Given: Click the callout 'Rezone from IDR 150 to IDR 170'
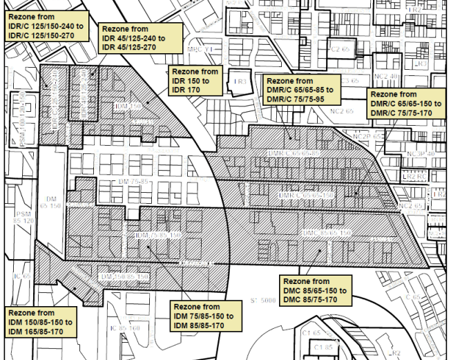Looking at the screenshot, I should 195,81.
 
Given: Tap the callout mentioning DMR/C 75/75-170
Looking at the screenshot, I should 405,104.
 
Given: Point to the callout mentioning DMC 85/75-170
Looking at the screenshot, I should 316,291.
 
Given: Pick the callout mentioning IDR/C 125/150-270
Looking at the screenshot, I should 45,26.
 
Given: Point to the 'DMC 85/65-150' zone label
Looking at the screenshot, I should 327,233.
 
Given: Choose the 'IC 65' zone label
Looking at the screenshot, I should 21,276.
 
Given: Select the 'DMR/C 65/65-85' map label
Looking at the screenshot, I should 294,151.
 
